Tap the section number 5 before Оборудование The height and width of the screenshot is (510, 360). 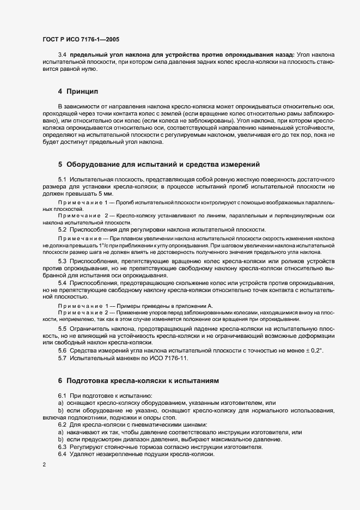pos(60,164)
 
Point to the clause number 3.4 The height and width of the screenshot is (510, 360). pos(62,55)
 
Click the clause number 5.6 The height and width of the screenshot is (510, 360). pos(62,350)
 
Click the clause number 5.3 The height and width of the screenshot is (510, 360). pos(62,261)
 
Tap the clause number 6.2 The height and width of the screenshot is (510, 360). pos(62,424)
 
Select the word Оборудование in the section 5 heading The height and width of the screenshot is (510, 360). pos(97,164)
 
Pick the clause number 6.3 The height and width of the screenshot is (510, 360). pos(62,447)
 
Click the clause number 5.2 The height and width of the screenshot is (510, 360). pos(62,230)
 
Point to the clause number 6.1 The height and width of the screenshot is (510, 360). pos(62,394)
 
